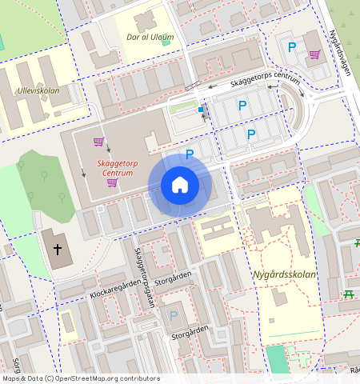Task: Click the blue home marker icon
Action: [180, 185]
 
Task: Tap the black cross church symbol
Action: [58, 250]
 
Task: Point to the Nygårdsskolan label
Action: [285, 274]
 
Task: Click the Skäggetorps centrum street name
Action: [264, 80]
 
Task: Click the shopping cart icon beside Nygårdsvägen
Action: [314, 55]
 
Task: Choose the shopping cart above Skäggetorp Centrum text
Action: [98, 142]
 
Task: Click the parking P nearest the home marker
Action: [190, 154]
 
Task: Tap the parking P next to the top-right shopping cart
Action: [292, 47]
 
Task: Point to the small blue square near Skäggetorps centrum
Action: [200, 109]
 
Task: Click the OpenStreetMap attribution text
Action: [80, 378]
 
